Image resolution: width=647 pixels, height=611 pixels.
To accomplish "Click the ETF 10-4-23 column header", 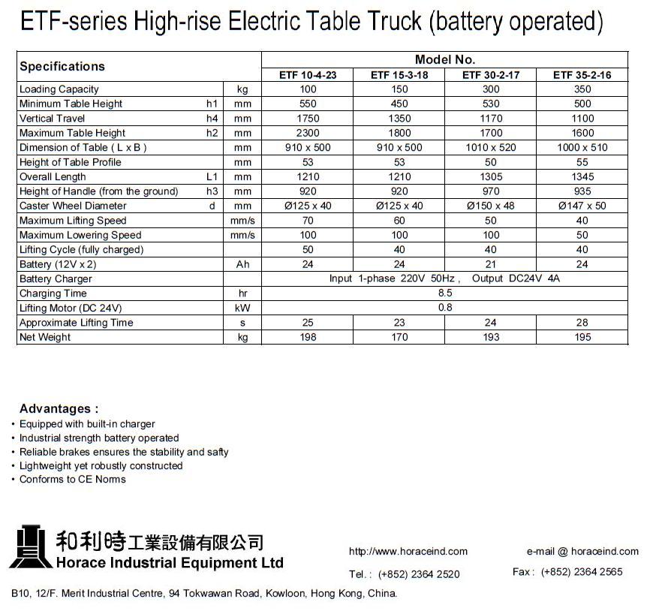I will coord(308,75).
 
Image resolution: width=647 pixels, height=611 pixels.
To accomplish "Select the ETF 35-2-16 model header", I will coord(582,75).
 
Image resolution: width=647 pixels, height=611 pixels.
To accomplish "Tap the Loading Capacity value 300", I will coord(491,89).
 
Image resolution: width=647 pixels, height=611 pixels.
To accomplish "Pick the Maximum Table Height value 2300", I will coord(308,133).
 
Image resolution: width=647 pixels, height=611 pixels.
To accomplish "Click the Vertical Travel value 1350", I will coord(399,119).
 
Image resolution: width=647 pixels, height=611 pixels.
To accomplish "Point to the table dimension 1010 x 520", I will coord(491,148).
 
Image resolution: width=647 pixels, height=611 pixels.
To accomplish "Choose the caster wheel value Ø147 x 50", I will coord(582,206).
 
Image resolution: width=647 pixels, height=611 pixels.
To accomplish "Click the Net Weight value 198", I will coord(308,337).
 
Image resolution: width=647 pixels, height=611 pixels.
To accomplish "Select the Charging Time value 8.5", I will coord(444,293).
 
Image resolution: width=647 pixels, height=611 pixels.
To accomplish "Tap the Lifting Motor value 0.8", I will coord(444,308).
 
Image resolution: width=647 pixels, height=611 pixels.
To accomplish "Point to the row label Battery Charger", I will coord(56,279).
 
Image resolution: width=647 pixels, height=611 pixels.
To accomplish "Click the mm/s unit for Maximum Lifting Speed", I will coord(242,221).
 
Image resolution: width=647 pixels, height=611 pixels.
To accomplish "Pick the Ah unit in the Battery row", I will coord(242,264).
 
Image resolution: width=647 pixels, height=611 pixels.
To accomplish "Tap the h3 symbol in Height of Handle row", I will coord(212,191).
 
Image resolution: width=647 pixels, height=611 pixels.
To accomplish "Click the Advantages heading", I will coord(59,409).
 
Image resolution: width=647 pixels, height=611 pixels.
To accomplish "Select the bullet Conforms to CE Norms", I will coord(73,480).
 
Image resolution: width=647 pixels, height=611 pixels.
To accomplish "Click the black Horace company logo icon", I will coord(31,546).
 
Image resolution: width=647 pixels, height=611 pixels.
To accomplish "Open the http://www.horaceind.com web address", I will coord(408,552).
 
